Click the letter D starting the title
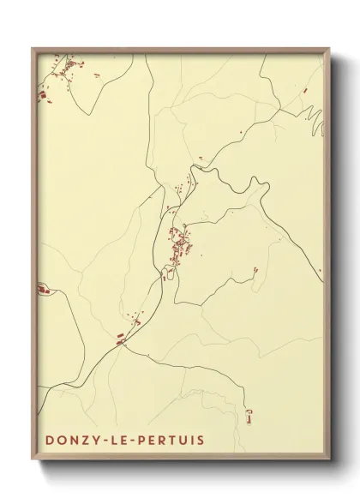50,440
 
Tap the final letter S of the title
201,440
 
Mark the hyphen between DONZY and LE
106,441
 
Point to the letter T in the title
173,440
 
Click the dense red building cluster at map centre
180,246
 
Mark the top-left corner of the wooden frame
33,49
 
